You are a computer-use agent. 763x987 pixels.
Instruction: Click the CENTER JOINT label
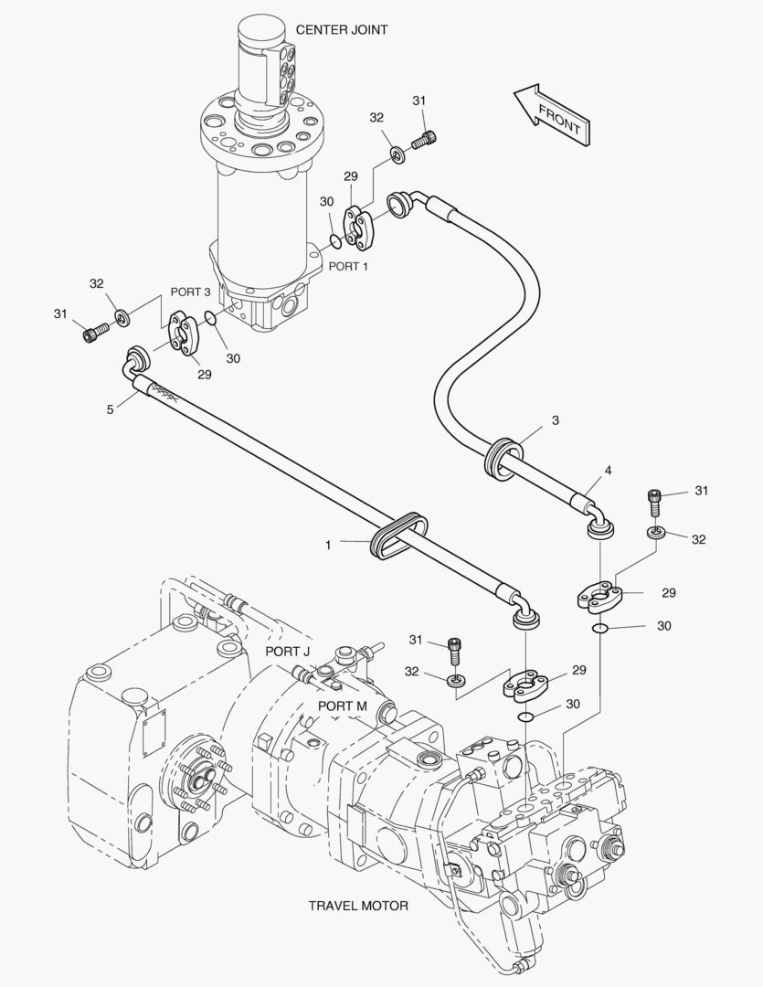tap(341, 30)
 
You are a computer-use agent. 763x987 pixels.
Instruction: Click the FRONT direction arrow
tap(551, 114)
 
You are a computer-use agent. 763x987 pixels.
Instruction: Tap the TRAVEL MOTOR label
tap(357, 906)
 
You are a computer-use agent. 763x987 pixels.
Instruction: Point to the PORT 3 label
tap(191, 292)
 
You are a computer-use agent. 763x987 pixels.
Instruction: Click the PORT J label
tap(288, 651)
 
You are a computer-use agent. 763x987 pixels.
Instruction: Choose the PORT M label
tap(343, 706)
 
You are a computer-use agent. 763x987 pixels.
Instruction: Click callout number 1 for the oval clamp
tap(327, 545)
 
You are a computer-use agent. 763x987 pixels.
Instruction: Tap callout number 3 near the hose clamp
tap(555, 420)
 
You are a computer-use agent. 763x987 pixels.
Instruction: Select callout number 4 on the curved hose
tap(607, 471)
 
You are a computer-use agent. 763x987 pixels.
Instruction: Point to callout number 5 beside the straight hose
tap(110, 410)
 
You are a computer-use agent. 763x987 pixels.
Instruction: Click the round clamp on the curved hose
tap(503, 457)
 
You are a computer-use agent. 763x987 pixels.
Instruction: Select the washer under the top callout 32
tap(398, 153)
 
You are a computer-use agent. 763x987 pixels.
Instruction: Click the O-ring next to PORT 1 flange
tap(336, 242)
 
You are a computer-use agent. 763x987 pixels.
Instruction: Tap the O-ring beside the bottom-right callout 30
tap(599, 628)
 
